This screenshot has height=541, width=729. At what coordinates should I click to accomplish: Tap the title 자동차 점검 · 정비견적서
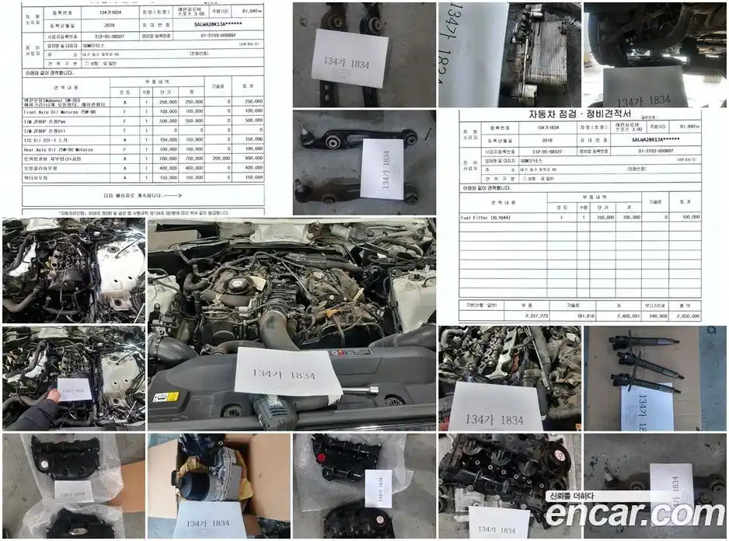(x=579, y=114)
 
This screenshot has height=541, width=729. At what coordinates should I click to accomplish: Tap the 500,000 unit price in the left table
(x=166, y=120)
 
